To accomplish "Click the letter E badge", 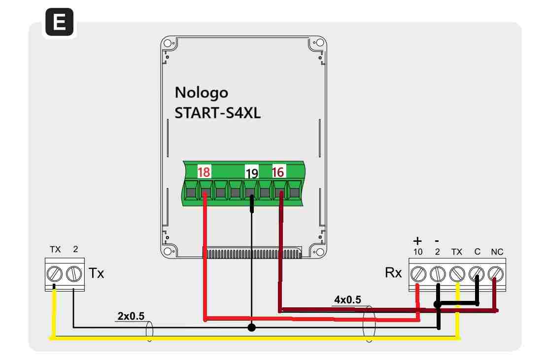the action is click(60, 22).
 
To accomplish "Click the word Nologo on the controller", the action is click(201, 93).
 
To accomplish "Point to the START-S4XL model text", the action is click(218, 113).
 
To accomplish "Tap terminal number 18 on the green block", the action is click(204, 172).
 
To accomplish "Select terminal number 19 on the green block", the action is click(251, 173).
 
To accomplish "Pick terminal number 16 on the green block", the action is click(278, 172).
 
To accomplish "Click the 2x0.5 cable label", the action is click(131, 316).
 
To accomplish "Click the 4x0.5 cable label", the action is click(347, 300).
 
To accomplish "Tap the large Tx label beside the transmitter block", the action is click(97, 273).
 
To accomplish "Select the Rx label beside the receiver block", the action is click(393, 273).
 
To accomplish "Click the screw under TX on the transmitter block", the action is click(55, 274).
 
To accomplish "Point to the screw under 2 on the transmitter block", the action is click(74, 274).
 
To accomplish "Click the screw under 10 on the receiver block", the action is click(418, 274).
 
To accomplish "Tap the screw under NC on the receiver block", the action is click(496, 274).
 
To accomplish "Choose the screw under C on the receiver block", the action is click(477, 274).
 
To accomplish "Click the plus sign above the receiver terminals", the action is click(417, 241).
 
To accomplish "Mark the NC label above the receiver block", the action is click(497, 252).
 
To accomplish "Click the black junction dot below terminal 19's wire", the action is click(251, 327).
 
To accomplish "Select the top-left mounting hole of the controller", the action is click(168, 43).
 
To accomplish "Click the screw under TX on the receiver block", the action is click(457, 274).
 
